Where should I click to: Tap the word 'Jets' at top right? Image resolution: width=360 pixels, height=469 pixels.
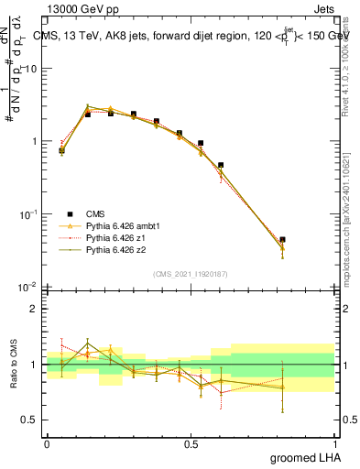pyautogui.click(x=323, y=8)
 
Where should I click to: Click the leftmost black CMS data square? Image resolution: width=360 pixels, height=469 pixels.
pyautogui.click(x=61, y=149)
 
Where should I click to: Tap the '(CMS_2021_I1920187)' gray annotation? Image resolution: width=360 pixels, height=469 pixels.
pyautogui.click(x=190, y=274)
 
